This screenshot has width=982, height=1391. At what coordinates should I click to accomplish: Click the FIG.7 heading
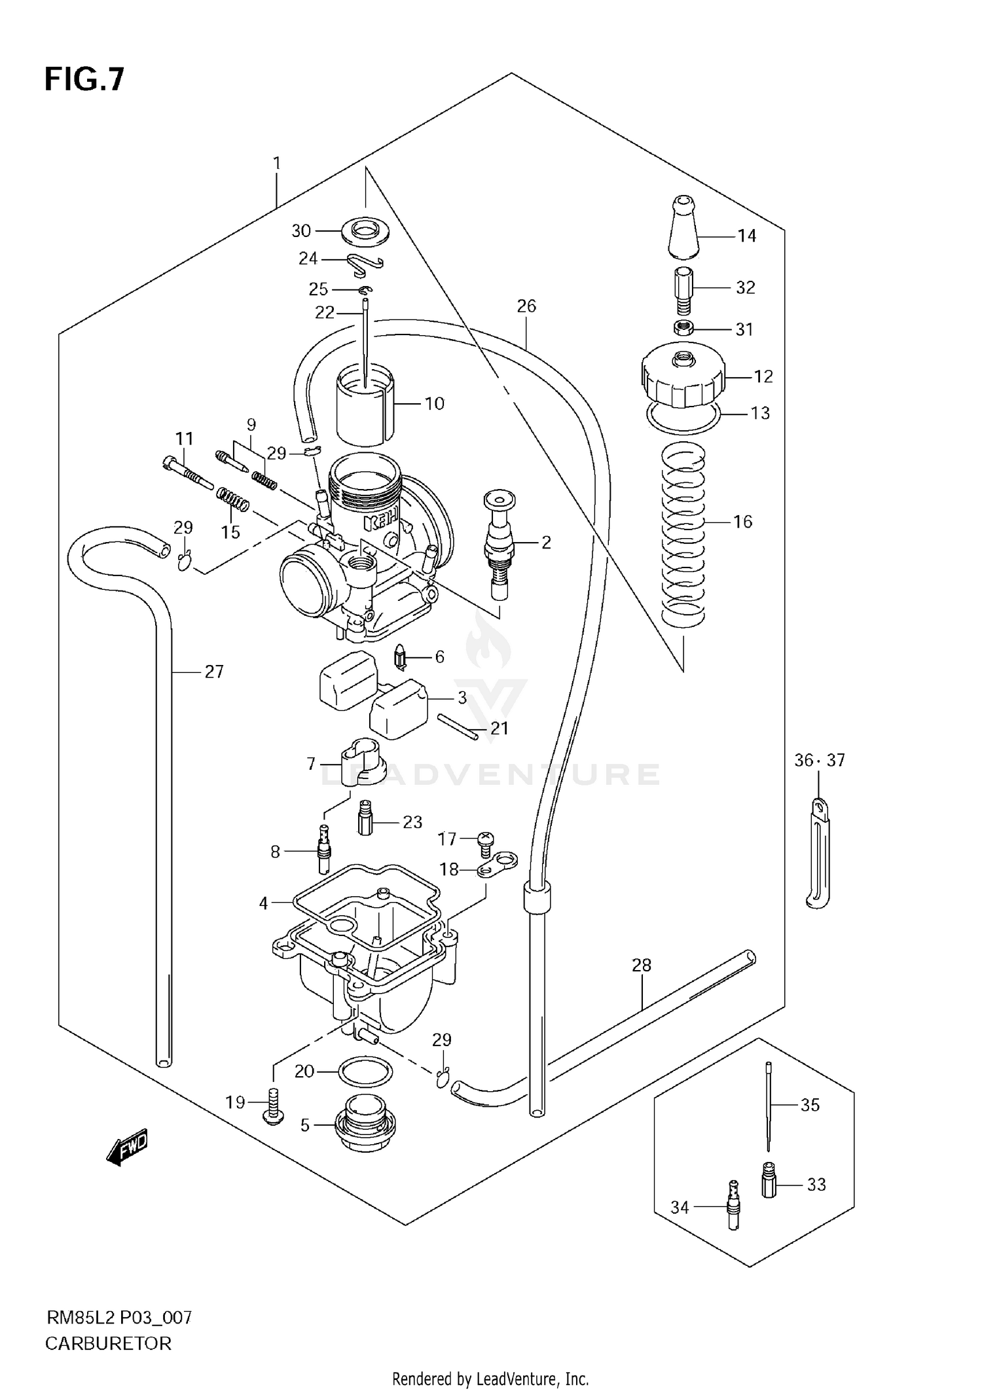point(84,80)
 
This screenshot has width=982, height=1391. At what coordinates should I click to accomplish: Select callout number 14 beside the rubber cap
point(746,236)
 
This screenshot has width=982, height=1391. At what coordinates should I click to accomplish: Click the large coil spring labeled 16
point(683,533)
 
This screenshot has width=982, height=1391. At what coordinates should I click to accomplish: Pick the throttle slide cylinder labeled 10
point(365,406)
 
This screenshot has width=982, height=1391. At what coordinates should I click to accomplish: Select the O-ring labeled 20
point(365,1072)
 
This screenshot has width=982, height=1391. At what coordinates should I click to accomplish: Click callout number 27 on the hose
point(214,672)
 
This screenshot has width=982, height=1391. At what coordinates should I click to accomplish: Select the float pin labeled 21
point(458,727)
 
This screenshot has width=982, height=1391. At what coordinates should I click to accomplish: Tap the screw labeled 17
point(485,841)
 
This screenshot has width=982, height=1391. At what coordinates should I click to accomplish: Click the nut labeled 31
point(683,328)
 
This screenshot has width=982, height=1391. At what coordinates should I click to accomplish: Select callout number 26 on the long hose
point(526,306)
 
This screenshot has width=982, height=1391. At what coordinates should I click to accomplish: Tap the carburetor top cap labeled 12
point(683,376)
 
